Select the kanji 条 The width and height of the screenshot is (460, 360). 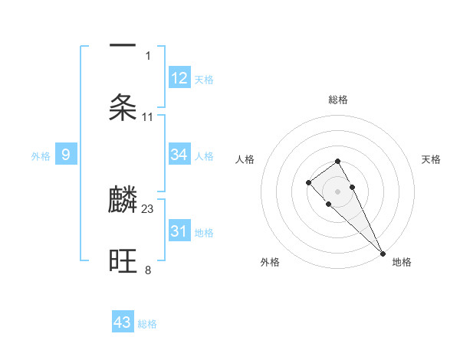pos(123,108)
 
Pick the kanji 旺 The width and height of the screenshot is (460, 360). pos(123,261)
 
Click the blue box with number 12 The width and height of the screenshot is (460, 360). pos(179,77)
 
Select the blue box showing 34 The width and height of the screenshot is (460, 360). pos(179,155)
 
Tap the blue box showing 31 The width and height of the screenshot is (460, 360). pos(179,231)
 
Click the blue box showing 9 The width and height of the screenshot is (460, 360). pos(66,155)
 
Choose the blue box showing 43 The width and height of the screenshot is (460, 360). pos(123,322)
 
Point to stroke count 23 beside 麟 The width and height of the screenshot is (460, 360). pos(148,208)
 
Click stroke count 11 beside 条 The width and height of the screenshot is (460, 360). pos(148,116)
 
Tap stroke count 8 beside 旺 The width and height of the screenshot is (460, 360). pos(148,270)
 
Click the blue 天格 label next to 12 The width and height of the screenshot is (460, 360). pos(204,79)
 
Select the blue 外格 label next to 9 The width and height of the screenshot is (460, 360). pos(41,156)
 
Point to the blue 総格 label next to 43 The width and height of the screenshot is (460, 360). pos(147,324)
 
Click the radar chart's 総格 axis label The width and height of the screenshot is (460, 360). pos(337,100)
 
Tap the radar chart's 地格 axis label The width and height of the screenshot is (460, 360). pos(402,262)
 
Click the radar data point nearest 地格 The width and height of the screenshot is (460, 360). pos(383,253)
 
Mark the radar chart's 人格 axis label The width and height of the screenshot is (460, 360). pos(245,159)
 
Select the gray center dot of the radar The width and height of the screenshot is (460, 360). pos(337,191)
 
